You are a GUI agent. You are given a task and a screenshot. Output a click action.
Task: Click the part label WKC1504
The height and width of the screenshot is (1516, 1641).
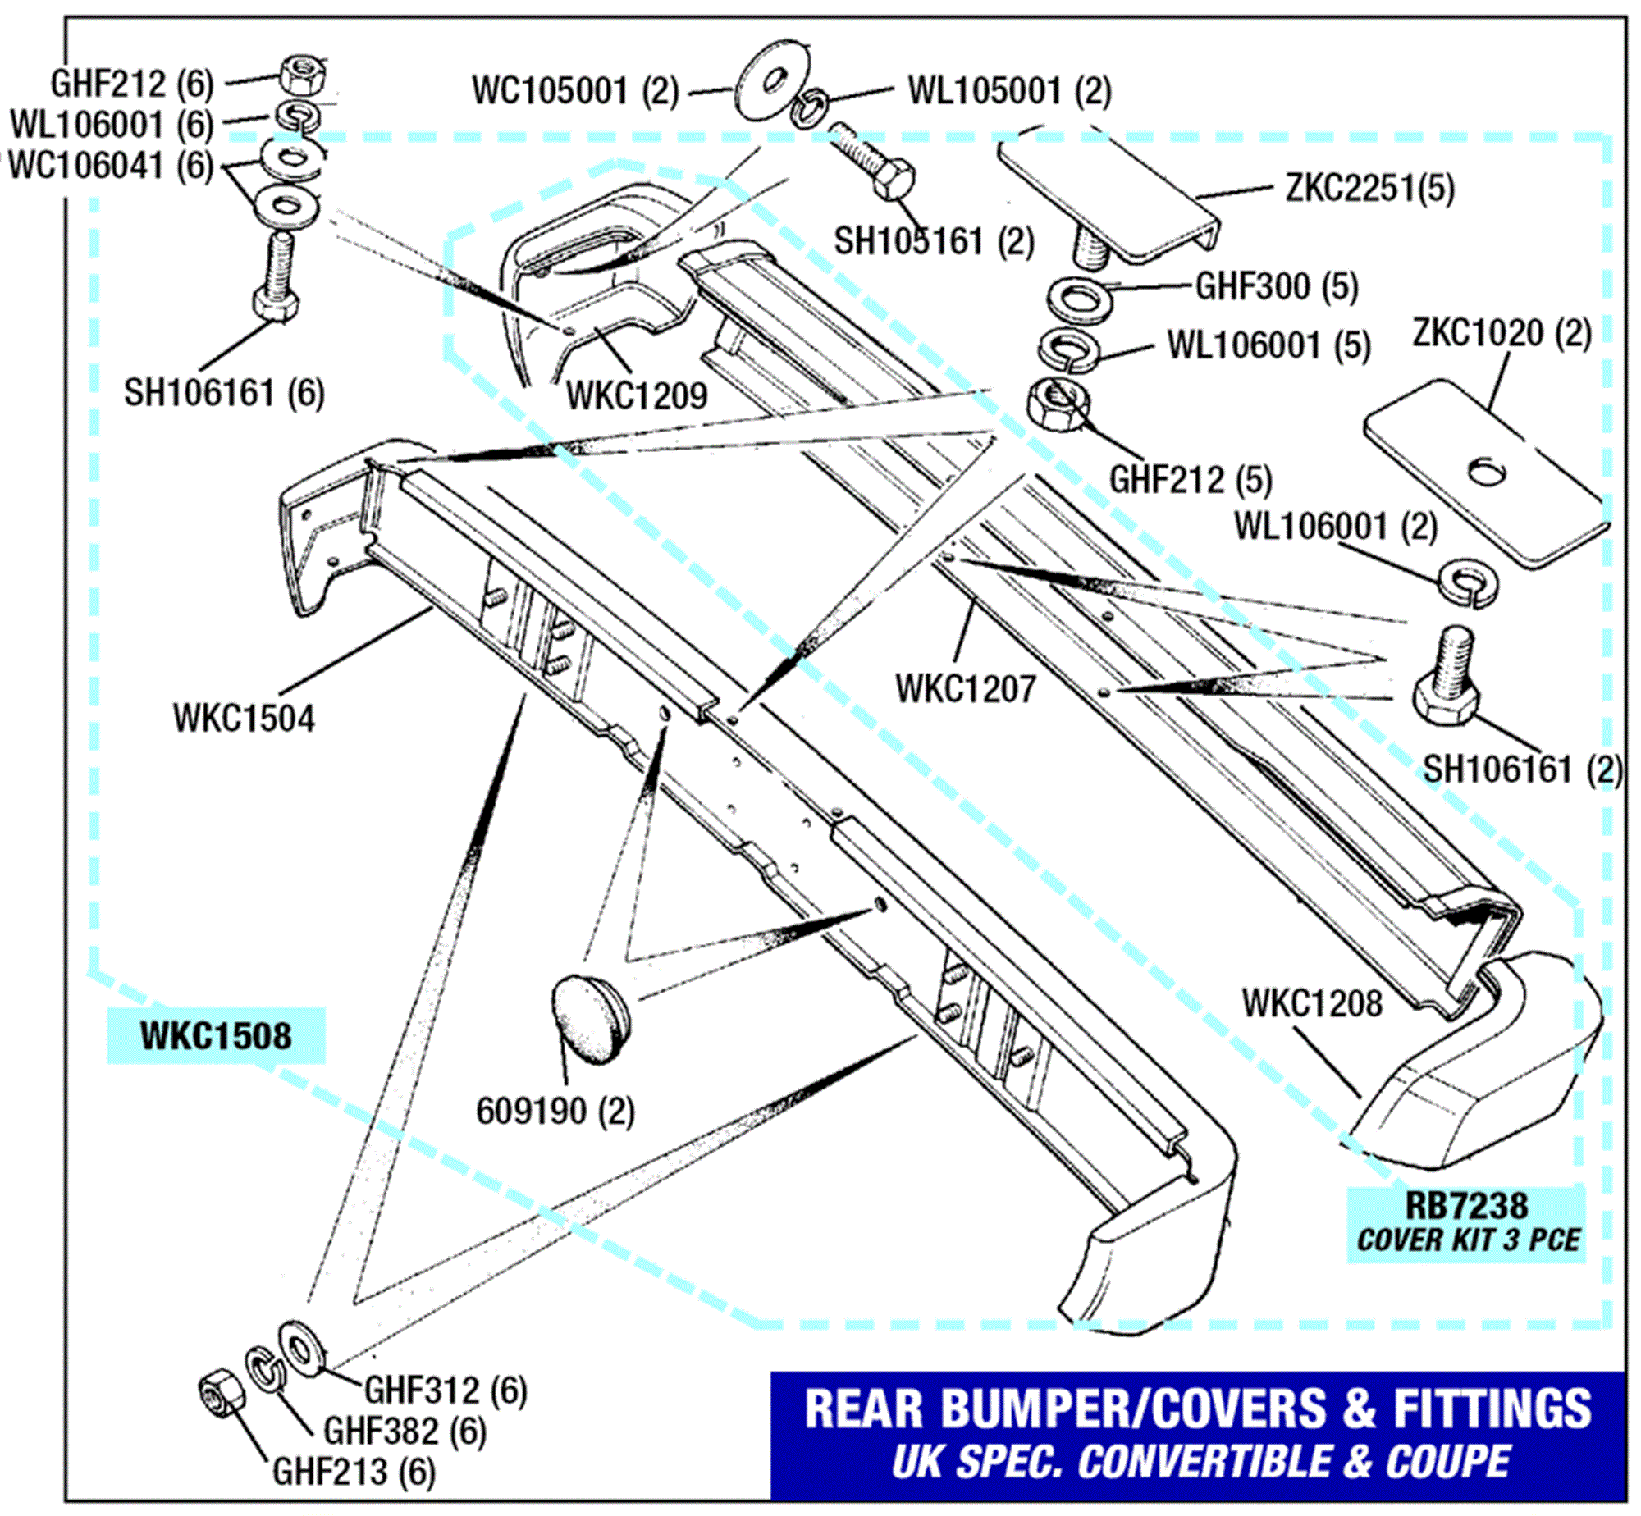244,719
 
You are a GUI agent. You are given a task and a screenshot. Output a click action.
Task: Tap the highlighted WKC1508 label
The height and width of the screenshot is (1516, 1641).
216,1036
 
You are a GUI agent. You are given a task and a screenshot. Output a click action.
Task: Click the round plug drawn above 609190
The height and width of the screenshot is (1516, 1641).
588,1019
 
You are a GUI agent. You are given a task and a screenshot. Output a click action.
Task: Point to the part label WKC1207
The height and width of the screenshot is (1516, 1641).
966,689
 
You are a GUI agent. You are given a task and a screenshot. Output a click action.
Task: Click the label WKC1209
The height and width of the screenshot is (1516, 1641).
637,396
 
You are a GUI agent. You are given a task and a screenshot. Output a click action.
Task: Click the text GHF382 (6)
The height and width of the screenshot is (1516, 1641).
405,1432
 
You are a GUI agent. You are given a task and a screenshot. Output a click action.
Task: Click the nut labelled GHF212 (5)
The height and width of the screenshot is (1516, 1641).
1059,403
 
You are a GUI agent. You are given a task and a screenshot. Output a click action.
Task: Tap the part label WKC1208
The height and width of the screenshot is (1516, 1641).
1312,1003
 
